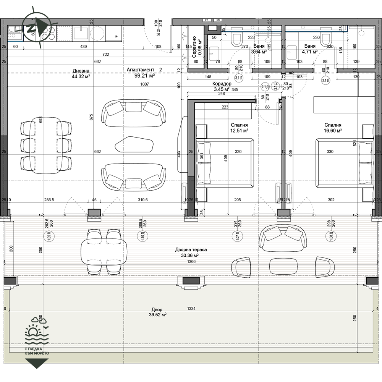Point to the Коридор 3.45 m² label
[x=222, y=86]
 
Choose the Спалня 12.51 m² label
[x=240, y=128]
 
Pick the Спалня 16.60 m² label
[x=333, y=128]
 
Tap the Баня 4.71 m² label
[x=310, y=48]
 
